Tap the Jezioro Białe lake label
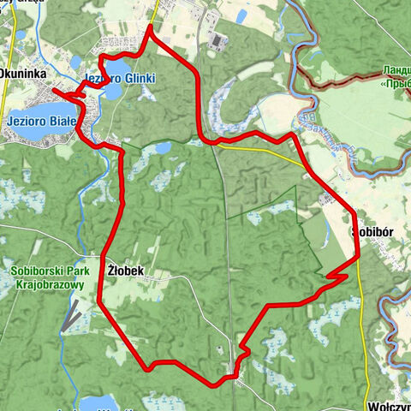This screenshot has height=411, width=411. tap(40, 120)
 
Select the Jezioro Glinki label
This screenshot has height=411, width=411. tap(120, 79)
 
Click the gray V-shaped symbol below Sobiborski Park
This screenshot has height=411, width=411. tap(71, 316)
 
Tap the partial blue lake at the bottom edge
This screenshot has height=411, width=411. tap(98, 402)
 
